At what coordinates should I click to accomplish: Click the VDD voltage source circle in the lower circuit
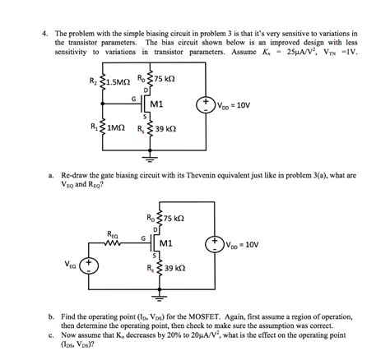tap(216, 244)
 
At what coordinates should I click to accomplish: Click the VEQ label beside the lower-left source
tap(69, 265)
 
